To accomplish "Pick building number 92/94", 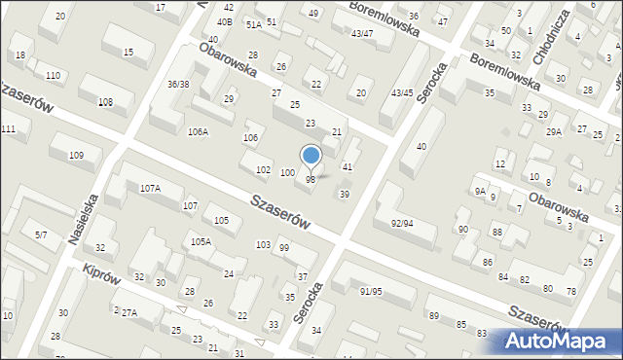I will pos(402,223).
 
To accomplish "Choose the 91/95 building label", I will pos(370,291).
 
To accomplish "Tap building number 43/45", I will pos(401,92).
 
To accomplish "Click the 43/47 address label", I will pos(362,34).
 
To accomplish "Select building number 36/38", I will pos(178,84).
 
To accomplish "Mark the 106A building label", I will pos(198,131).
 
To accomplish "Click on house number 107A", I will pos(150,188).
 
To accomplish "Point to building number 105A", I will pos(202,241).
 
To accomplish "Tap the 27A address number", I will pos(129,311).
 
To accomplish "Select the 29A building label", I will pos(554,131).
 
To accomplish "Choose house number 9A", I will pos(480,192).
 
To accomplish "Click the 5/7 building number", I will pos(41,234).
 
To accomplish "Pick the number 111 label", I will pos(8,129).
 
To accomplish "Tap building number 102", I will pos(263,169).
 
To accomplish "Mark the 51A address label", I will pos(253,24).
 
